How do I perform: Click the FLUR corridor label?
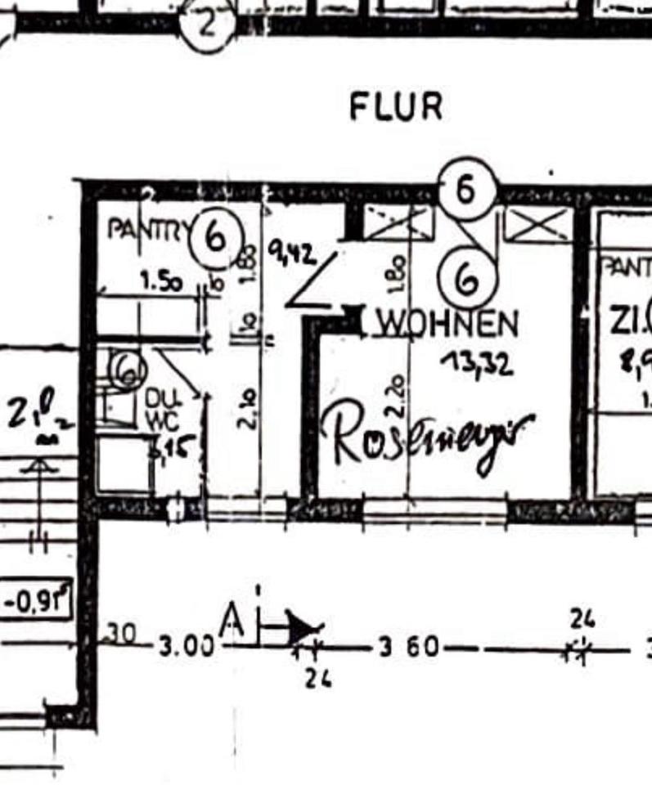click(396, 106)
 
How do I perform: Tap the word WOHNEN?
click(447, 325)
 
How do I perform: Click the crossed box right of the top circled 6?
click(537, 223)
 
